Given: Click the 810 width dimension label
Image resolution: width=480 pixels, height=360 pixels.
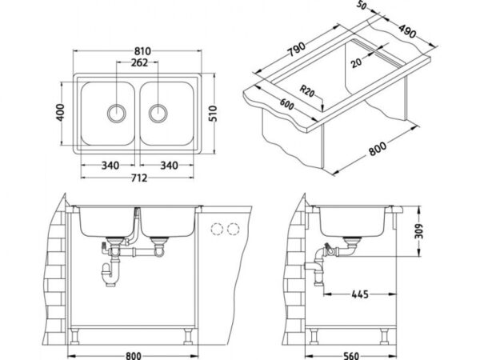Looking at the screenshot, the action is [142, 51].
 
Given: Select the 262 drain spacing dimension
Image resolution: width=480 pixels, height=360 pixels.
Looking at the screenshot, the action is [139, 62].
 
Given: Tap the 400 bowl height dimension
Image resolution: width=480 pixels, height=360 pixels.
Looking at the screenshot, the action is [60, 113].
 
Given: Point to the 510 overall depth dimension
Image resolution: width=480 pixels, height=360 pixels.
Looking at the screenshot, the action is [213, 114].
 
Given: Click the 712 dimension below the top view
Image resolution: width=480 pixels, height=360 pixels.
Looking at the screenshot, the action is [139, 178].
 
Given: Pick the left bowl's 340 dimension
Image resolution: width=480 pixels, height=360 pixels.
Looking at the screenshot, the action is [110, 166].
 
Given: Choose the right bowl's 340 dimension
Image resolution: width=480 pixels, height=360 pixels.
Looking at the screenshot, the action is [169, 166].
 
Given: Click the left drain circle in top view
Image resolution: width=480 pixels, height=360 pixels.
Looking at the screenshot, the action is [116, 113].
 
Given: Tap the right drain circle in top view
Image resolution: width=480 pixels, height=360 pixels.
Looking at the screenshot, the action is [158, 113].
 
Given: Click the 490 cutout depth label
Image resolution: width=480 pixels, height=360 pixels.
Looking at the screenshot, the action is [407, 31].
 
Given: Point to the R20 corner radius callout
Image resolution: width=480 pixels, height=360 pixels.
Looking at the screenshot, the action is [307, 91].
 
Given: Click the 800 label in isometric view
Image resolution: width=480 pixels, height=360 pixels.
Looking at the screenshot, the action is [378, 148].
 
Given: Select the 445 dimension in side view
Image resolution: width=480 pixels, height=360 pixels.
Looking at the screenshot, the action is [360, 294].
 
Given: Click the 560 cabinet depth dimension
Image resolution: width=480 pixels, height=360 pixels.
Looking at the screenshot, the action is [351, 355].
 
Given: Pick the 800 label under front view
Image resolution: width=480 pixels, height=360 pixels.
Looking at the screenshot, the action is [134, 355].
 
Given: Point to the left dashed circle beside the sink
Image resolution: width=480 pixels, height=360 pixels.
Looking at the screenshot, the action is [217, 229].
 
